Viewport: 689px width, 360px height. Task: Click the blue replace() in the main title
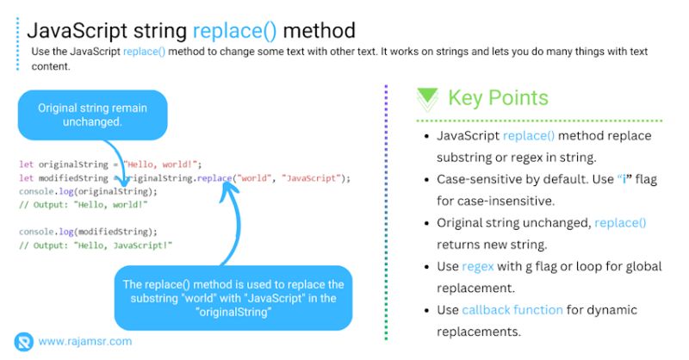234,31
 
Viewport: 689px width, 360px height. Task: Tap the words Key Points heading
498,97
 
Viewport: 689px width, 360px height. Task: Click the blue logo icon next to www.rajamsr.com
24,341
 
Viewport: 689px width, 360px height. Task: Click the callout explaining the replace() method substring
233,297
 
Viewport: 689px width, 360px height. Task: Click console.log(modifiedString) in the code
88,232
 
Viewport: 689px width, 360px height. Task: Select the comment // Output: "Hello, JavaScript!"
95,245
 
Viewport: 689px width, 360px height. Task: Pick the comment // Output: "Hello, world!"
83,204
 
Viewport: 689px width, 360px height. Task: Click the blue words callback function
512,309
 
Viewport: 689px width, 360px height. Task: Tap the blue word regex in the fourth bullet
478,266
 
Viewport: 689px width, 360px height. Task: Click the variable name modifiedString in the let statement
75,178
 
